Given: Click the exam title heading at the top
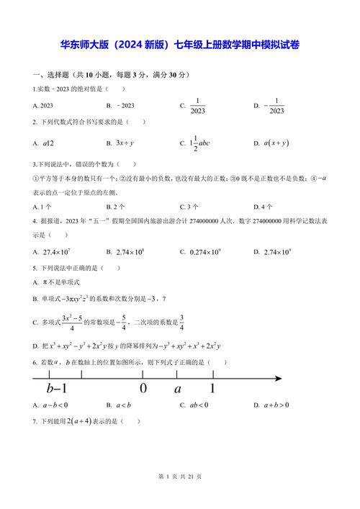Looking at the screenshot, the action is click(x=180, y=45).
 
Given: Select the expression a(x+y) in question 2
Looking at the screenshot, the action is click(x=276, y=143).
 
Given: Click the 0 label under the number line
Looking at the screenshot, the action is click(x=143, y=389).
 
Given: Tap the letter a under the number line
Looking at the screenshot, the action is click(x=178, y=389).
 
